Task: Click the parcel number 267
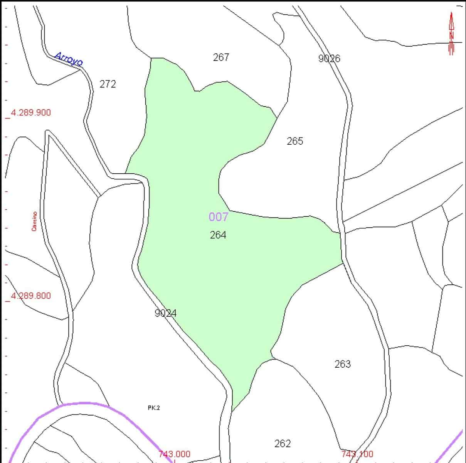point(221,57)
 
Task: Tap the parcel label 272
point(108,84)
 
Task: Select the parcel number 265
point(295,141)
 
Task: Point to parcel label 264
point(218,235)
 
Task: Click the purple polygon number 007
point(218,217)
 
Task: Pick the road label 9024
point(165,313)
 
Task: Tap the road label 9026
point(329,59)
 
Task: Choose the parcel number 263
point(342,364)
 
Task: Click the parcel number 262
point(282,444)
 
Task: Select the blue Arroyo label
point(69,59)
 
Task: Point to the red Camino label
point(34,221)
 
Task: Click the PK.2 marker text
point(153,408)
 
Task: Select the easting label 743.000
point(174,455)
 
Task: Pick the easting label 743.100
point(357,455)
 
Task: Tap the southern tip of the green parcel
point(233,410)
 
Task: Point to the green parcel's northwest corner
point(151,59)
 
